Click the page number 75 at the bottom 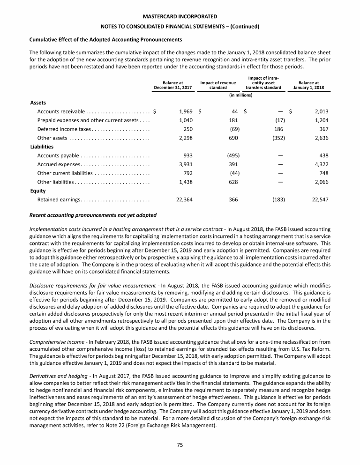[x=180, y=445]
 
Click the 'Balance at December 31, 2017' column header [x=173, y=85]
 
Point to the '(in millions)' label [x=241, y=95]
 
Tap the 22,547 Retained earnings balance [x=319, y=199]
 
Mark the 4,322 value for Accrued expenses [x=320, y=164]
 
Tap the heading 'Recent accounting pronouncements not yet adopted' [x=93, y=215]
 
